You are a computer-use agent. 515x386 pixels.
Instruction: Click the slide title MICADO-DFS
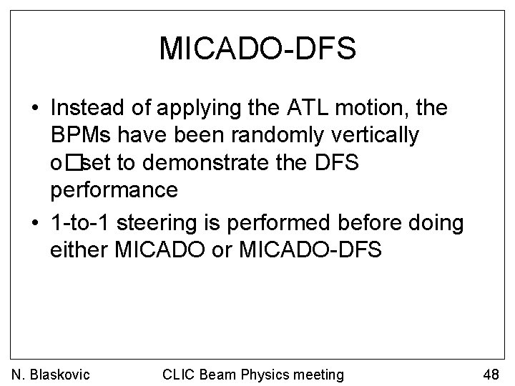257,49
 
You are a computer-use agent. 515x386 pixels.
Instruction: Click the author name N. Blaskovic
51,373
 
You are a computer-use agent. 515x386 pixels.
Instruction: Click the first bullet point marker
34,109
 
